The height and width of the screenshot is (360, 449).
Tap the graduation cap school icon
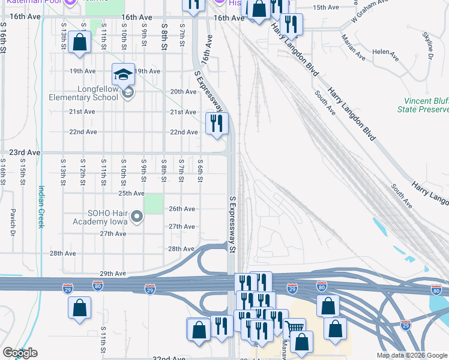123,74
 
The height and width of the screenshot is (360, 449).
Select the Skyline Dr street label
430,49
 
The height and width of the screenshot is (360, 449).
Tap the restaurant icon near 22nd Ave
217,124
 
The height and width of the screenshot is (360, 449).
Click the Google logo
20,353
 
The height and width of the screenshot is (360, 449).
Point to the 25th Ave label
131,194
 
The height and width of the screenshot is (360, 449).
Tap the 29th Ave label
113,274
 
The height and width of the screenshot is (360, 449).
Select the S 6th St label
201,167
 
